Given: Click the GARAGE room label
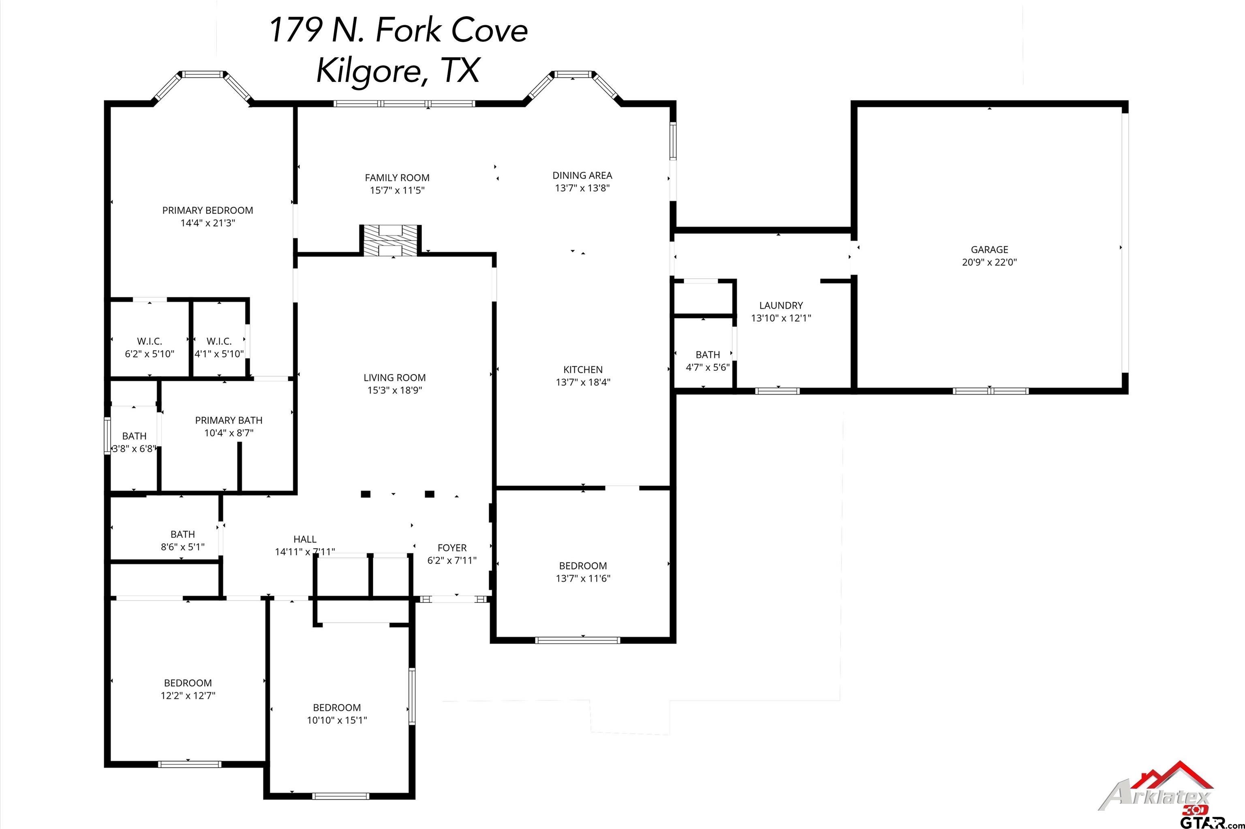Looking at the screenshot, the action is tap(989, 250).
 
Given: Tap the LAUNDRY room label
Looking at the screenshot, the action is tap(781, 306).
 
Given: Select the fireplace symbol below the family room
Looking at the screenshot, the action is tap(391, 241).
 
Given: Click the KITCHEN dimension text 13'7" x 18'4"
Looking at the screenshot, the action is tap(583, 382).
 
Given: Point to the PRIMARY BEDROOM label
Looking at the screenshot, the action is tap(207, 210).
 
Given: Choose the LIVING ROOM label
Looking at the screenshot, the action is tap(394, 378).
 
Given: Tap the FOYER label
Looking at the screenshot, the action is tap(452, 548).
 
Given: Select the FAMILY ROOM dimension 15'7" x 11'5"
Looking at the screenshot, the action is tap(397, 190).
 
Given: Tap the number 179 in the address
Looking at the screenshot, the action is tap(296, 30).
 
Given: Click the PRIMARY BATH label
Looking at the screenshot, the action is tap(229, 420).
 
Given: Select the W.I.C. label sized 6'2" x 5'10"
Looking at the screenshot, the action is tap(150, 342).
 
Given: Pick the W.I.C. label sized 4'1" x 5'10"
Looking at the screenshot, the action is tap(219, 342).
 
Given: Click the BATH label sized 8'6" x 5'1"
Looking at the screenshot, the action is tap(182, 534).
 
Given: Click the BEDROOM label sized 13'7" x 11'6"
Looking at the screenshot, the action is tap(583, 566).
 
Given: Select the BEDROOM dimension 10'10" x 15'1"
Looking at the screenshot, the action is tap(337, 720).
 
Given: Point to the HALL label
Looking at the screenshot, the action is tap(305, 539).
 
